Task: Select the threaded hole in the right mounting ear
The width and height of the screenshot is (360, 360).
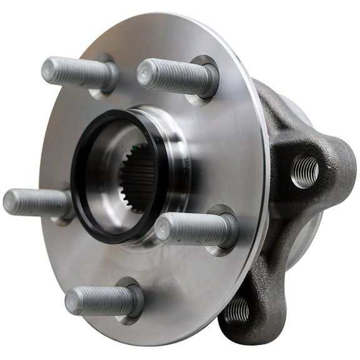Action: coord(304,171)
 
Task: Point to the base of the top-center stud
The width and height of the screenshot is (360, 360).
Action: coord(206,79)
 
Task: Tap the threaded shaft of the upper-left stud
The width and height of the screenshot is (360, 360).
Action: coord(78,72)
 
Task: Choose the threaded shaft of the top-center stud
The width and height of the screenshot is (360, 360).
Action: coord(175,76)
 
